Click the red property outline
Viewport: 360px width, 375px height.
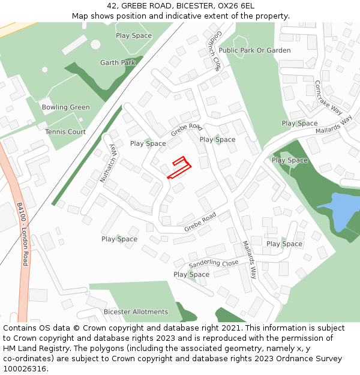(x=179, y=167)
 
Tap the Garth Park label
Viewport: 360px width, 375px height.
(x=118, y=62)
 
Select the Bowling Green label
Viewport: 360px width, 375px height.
(x=65, y=107)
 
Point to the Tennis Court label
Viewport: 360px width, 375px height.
(x=65, y=132)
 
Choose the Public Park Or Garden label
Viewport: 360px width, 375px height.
(x=254, y=50)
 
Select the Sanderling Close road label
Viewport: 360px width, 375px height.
(x=214, y=263)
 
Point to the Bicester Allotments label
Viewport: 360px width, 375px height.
(x=136, y=312)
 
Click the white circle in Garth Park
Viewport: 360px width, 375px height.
(x=95, y=44)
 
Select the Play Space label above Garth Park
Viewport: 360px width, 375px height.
(x=134, y=35)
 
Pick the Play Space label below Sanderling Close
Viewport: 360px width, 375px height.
(x=191, y=275)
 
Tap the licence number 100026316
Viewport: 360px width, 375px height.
(x=26, y=368)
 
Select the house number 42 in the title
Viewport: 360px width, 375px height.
(x=112, y=6)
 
